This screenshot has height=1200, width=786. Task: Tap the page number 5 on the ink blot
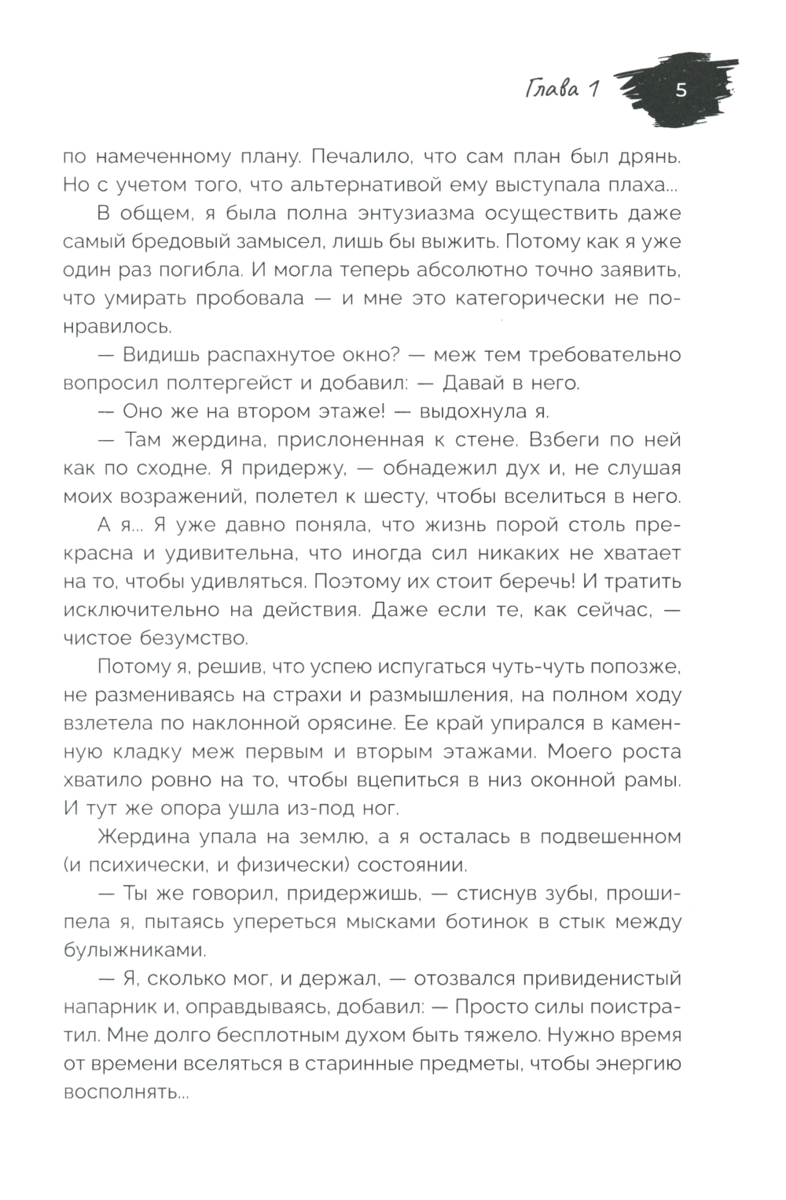(681, 90)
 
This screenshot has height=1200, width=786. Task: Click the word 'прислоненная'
(358, 439)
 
